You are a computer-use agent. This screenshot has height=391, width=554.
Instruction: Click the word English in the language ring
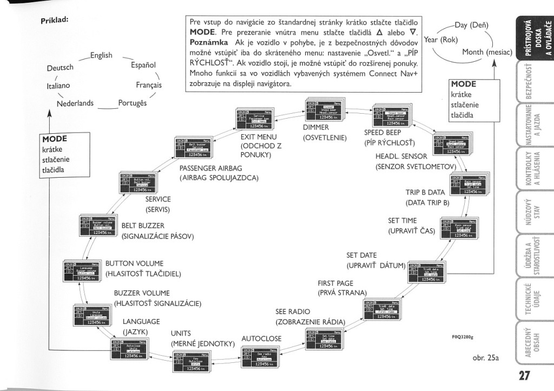[x=101, y=55]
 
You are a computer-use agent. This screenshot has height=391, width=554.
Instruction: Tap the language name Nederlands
[x=75, y=103]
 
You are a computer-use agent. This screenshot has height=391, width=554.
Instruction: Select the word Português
[x=133, y=103]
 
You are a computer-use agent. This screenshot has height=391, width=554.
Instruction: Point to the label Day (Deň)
[x=471, y=25]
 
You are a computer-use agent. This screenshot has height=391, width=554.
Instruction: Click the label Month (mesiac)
[x=487, y=53]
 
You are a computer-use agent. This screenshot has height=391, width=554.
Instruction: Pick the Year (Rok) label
[x=441, y=40]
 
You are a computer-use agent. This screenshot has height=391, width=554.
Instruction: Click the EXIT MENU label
[x=259, y=137]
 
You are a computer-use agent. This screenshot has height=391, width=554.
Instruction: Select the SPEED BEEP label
[x=381, y=133]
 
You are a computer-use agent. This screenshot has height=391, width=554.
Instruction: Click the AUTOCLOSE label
[x=261, y=338]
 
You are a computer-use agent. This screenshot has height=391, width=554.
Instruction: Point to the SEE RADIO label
[x=292, y=312]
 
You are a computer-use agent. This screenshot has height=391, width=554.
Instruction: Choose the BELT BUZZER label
[x=143, y=226]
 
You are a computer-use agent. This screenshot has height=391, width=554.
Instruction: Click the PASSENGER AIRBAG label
[x=215, y=168]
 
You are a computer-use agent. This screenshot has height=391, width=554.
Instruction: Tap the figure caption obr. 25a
[x=485, y=357]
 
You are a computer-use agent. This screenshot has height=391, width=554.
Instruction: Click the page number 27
[x=524, y=375]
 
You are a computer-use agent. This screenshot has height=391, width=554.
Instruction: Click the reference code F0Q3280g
[x=462, y=336]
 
